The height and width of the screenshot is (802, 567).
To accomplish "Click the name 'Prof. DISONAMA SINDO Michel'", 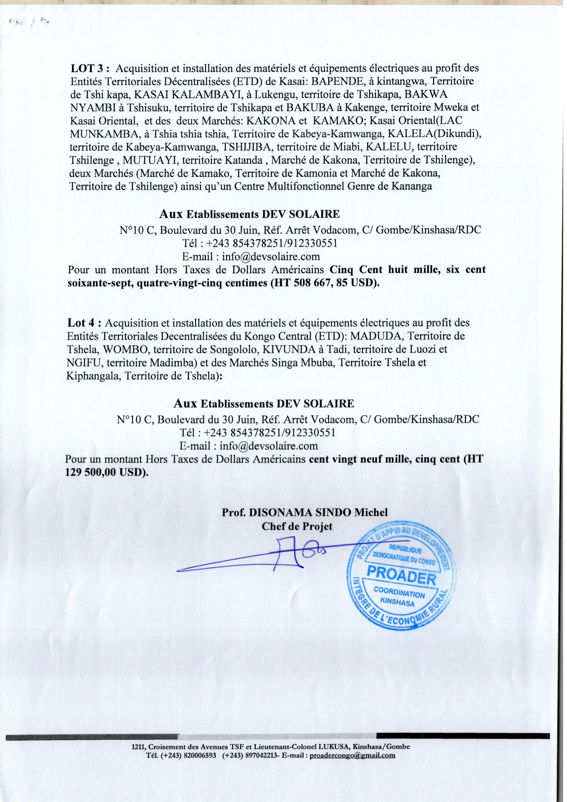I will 304,513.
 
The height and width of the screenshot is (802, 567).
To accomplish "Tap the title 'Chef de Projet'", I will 297,526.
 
